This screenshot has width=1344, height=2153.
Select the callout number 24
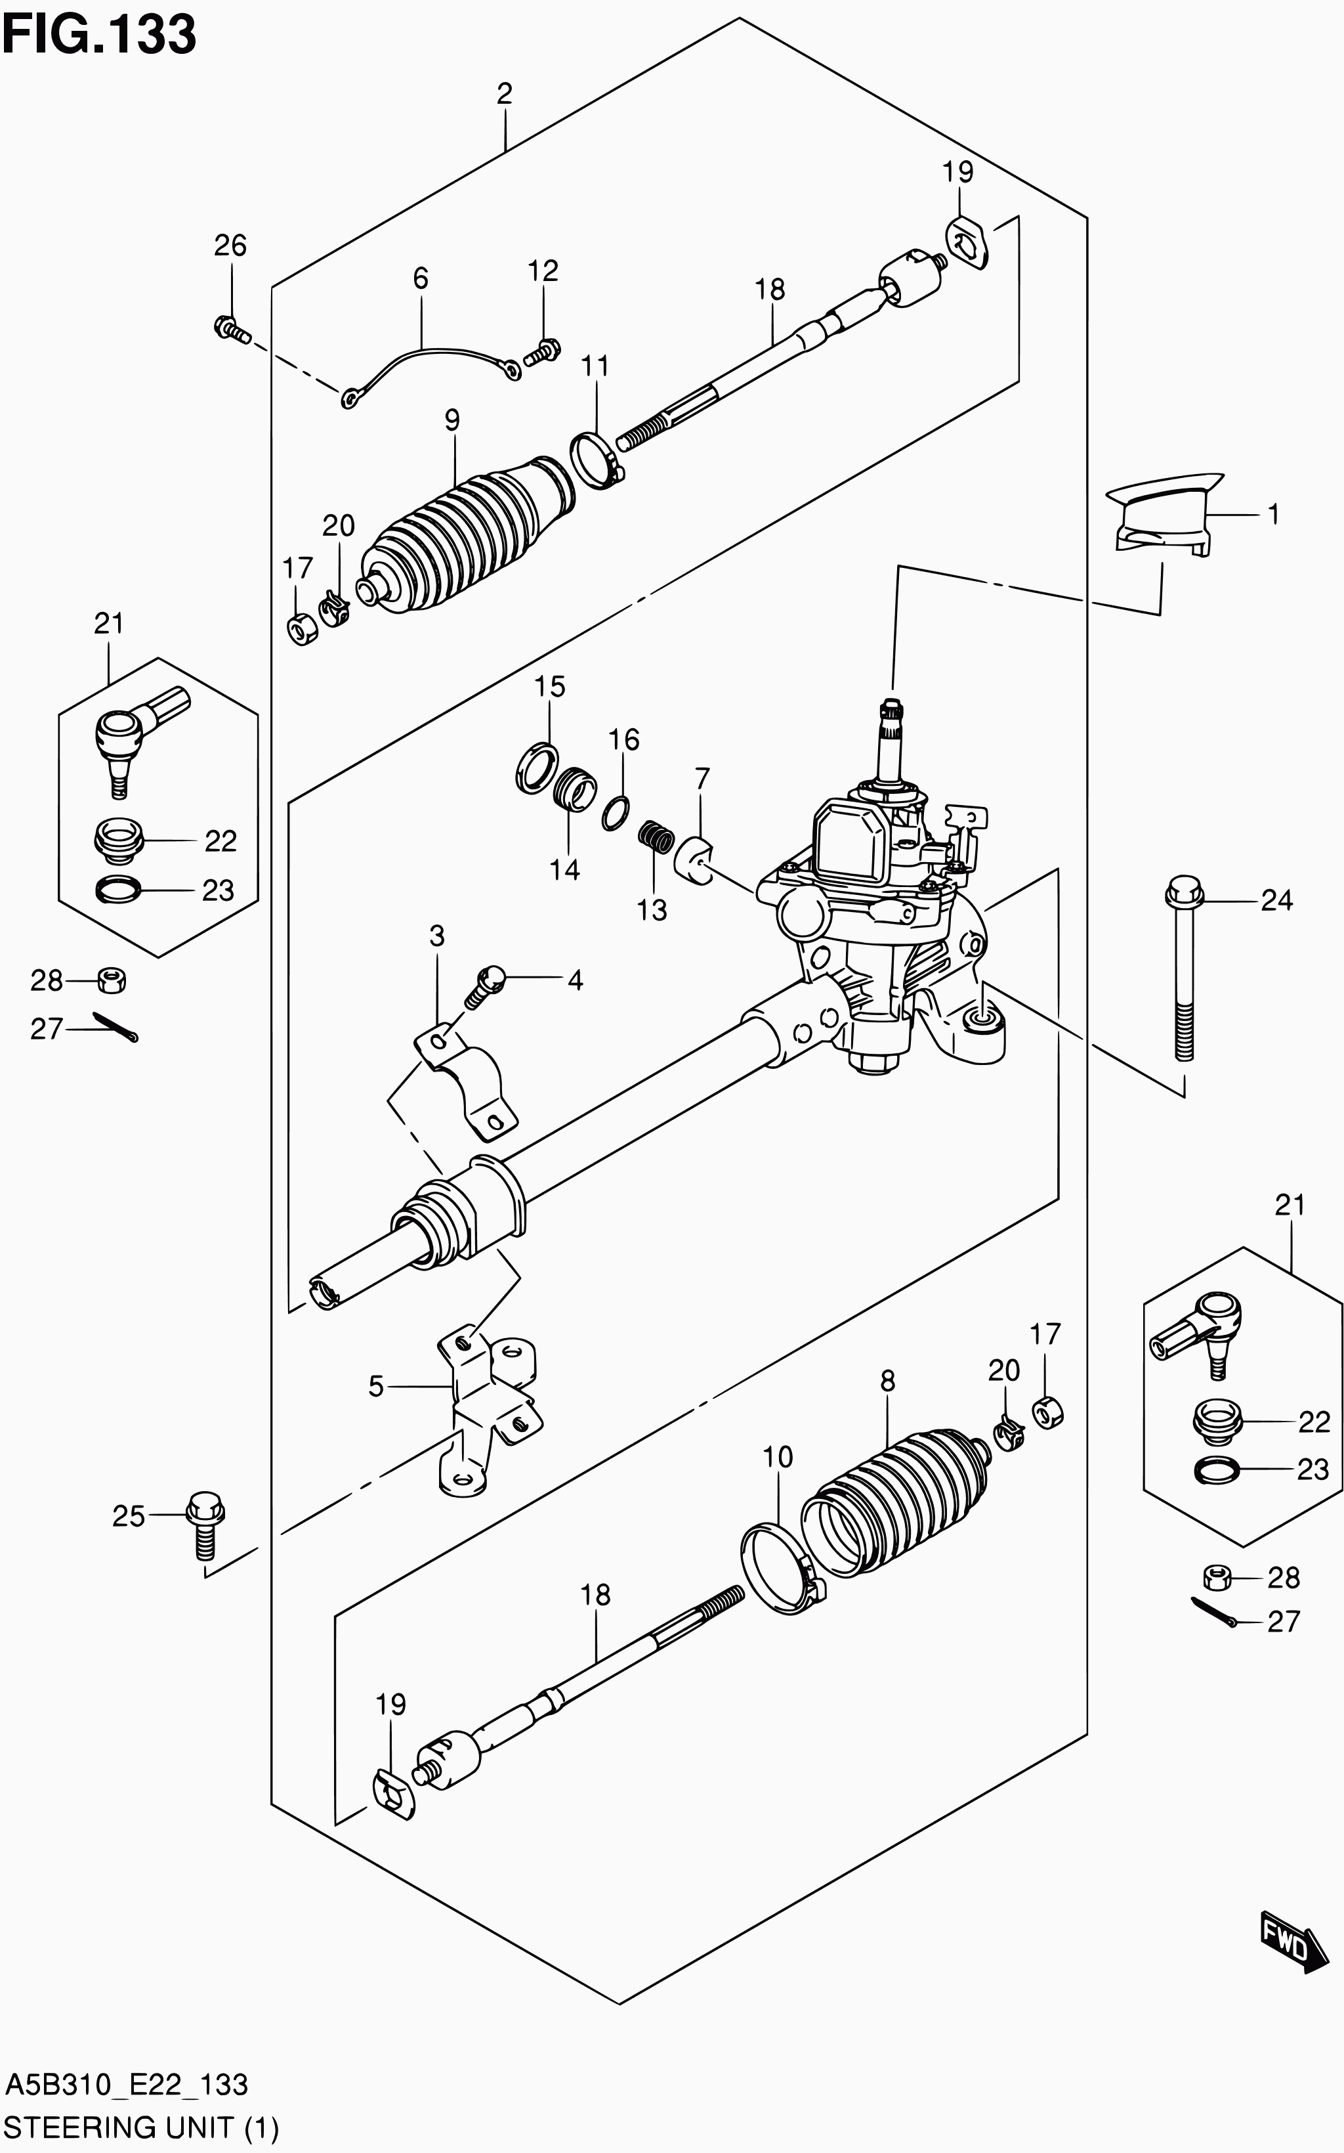[x=1276, y=901]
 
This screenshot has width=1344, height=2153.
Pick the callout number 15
[x=549, y=687]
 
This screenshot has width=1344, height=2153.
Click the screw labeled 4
[x=484, y=986]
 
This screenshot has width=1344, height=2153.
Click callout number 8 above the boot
[x=887, y=1381]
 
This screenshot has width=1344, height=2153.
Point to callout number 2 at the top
[x=504, y=93]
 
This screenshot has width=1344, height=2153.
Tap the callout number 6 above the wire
[x=421, y=278]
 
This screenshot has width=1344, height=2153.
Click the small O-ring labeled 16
[x=616, y=813]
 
